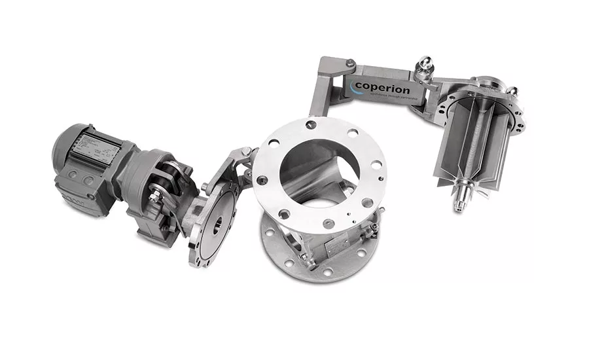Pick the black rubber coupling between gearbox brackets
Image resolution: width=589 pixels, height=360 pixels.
coord(171,175)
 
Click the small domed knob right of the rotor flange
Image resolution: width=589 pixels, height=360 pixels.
coord(512,92)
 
